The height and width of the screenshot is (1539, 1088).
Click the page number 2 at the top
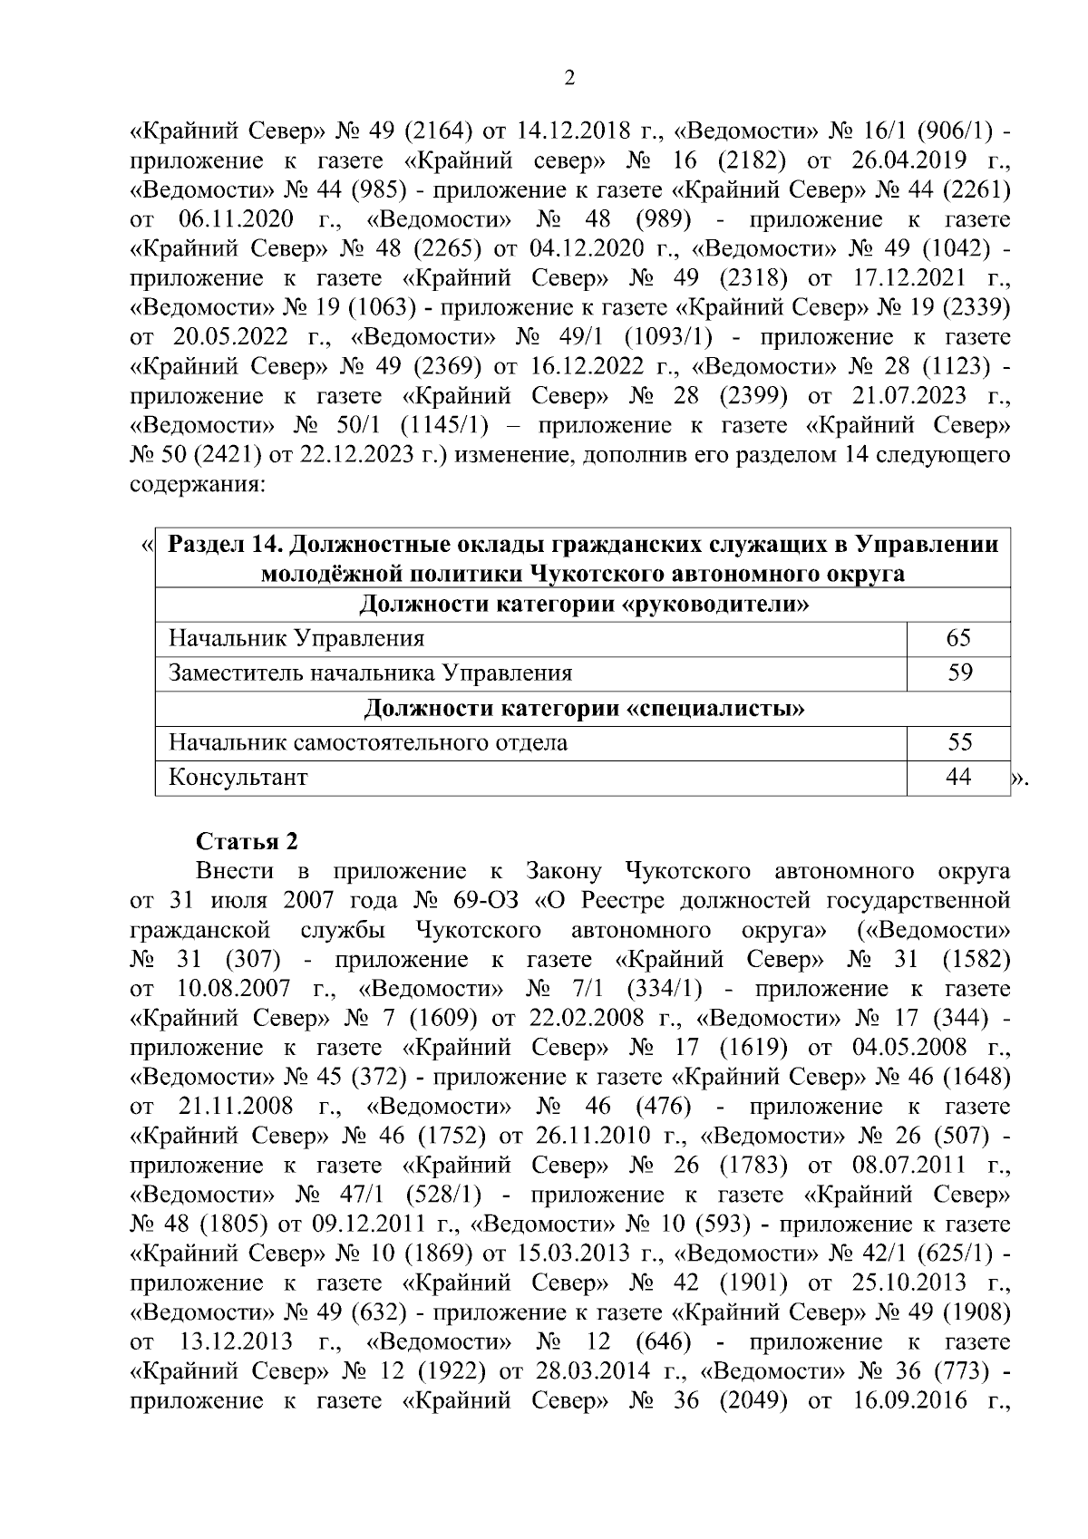(569, 78)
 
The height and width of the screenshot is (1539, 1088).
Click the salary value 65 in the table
(958, 638)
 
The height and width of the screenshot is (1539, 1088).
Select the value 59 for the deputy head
(958, 673)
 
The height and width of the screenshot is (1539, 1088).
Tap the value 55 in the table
(958, 743)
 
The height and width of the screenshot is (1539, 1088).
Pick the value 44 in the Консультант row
(958, 777)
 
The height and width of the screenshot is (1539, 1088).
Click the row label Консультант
(238, 778)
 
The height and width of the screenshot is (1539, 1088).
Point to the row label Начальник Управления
(296, 639)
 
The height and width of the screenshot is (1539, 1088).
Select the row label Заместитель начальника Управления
(370, 673)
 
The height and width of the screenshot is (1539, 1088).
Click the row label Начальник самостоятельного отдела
(368, 743)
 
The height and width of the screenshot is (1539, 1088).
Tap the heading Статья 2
(247, 841)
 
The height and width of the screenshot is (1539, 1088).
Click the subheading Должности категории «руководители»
(584, 605)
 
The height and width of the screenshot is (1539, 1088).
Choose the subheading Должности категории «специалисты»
(584, 708)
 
